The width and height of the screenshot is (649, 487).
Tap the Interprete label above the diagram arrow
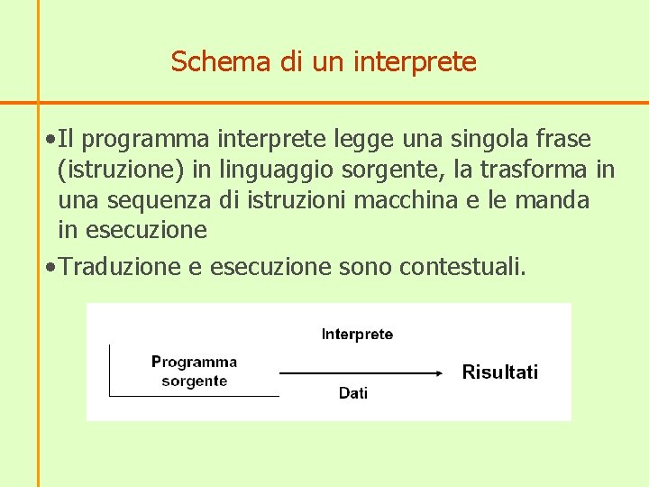pyautogui.click(x=357, y=335)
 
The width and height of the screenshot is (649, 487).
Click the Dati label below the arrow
pyautogui.click(x=353, y=393)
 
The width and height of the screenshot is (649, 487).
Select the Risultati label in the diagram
pyautogui.click(x=499, y=372)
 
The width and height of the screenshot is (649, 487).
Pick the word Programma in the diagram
pyautogui.click(x=194, y=362)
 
